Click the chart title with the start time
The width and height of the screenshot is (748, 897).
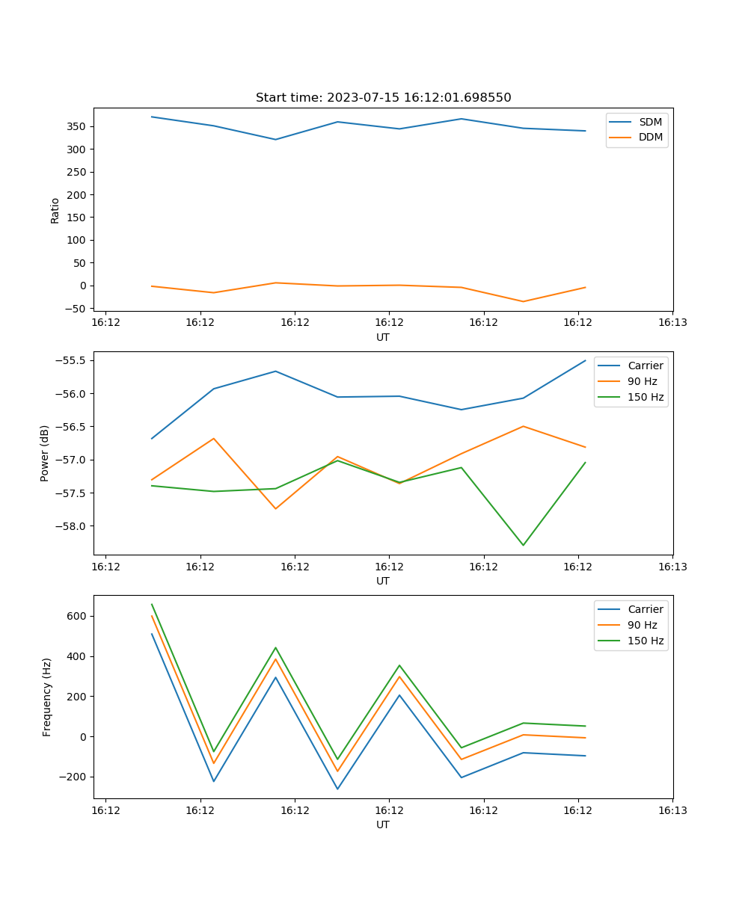point(383,98)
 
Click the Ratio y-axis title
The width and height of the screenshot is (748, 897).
point(55,210)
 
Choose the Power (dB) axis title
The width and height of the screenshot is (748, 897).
point(45,453)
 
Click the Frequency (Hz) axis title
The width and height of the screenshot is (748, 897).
point(47,697)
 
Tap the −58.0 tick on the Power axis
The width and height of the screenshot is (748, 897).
point(72,525)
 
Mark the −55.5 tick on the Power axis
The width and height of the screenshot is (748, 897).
point(72,360)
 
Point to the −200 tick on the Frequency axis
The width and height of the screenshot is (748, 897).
point(74,777)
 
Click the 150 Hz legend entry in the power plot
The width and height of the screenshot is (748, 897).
point(646,397)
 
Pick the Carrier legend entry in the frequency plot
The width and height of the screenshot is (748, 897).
point(645,609)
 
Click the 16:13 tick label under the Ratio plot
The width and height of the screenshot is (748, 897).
point(672,323)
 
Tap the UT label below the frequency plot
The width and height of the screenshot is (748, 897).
point(383,824)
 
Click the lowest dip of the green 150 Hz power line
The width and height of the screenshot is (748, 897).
point(523,545)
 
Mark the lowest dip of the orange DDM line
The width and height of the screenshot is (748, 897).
point(523,301)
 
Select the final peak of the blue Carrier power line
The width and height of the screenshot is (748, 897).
point(585,361)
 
